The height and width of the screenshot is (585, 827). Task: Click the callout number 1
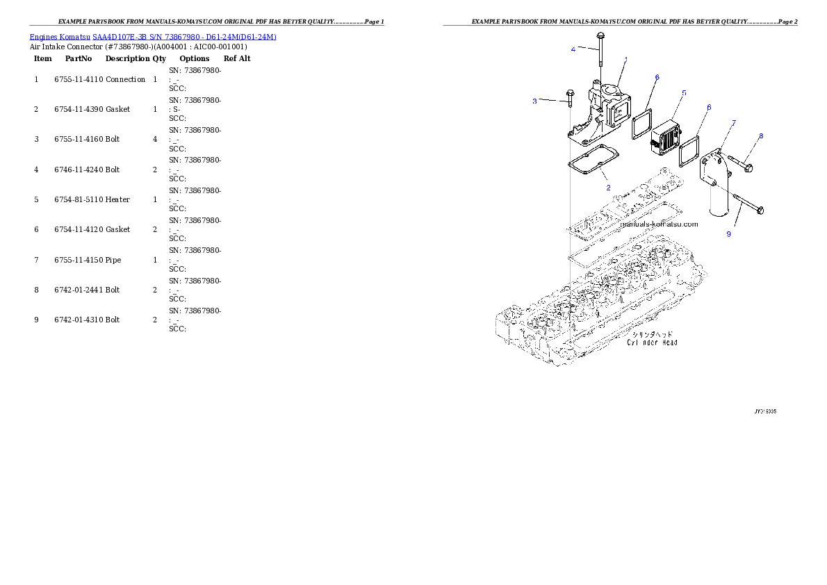pyautogui.click(x=626, y=60)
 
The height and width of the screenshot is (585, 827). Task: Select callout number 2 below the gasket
pyautogui.click(x=608, y=188)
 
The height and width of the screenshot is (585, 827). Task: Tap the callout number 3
pyautogui.click(x=534, y=101)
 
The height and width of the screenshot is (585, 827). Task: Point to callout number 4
pyautogui.click(x=573, y=49)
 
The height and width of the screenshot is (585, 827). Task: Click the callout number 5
pyautogui.click(x=684, y=92)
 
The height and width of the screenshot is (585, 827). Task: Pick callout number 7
pyautogui.click(x=734, y=123)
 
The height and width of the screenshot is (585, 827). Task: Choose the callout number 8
pyautogui.click(x=761, y=136)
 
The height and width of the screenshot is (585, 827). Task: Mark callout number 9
pyautogui.click(x=728, y=234)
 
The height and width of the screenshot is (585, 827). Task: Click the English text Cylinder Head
pyautogui.click(x=652, y=343)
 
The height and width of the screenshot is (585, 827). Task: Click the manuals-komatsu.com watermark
pyautogui.click(x=659, y=224)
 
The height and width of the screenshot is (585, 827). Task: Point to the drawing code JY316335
pyautogui.click(x=765, y=411)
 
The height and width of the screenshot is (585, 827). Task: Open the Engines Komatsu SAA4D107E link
pyautogui.click(x=153, y=37)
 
